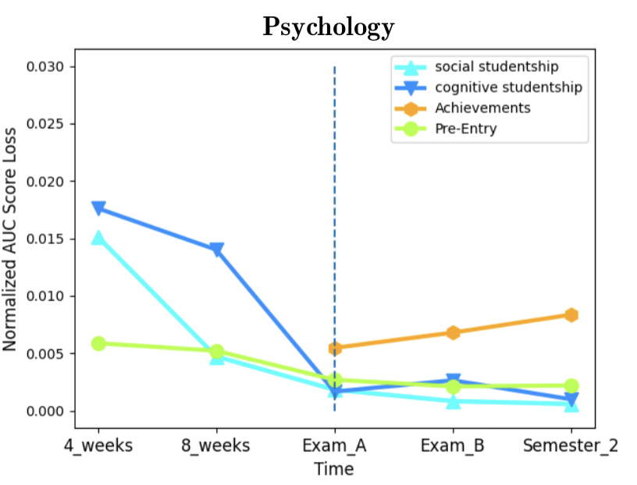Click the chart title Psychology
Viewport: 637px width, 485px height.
point(328,27)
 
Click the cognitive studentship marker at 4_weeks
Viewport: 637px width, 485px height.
point(98,208)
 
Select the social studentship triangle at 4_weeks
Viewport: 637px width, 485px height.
point(98,238)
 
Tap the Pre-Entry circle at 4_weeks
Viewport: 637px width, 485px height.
point(98,344)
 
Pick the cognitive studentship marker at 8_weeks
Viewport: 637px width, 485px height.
point(216,250)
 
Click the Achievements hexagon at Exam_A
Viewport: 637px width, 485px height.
point(335,348)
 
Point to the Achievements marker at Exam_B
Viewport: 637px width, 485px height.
point(453,332)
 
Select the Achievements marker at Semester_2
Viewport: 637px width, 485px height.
point(571,315)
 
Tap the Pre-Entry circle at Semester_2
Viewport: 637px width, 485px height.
point(571,386)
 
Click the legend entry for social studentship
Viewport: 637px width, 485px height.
point(496,66)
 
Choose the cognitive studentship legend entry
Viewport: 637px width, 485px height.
point(507,87)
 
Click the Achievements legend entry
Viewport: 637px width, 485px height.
point(482,108)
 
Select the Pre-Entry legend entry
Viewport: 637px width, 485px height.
point(465,129)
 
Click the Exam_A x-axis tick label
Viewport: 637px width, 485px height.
point(335,446)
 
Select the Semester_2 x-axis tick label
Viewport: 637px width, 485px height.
point(570,446)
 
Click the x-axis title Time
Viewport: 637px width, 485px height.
point(334,469)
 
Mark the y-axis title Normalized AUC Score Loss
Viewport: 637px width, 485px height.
point(10,239)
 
